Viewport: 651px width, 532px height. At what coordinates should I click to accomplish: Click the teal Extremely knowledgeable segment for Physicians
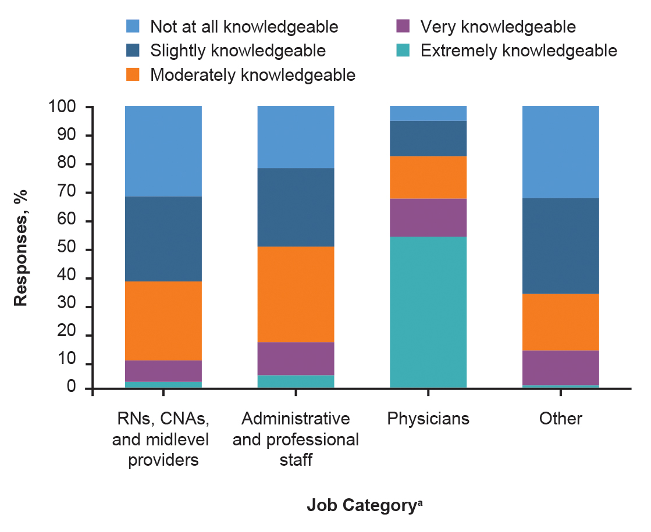428,312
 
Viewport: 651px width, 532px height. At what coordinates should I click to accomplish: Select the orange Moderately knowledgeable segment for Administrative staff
296,294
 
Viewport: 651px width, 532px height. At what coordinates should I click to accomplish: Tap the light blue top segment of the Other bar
560,152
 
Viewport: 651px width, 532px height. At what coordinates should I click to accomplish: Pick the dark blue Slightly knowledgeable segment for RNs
163,239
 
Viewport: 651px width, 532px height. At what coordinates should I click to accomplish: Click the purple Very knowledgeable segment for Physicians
428,217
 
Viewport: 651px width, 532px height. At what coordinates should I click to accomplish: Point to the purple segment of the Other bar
560,367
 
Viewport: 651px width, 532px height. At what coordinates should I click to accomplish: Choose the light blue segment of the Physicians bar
428,113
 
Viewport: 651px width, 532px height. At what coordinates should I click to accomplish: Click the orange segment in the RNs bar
163,321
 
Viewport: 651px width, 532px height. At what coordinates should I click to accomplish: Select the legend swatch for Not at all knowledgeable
133,27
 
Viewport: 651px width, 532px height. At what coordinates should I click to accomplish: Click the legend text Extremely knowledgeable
518,51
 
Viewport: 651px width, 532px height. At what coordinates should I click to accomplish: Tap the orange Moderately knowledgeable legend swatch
133,75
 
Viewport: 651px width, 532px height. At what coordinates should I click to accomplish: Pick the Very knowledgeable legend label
497,27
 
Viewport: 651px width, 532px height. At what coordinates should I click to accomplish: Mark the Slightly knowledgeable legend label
237,51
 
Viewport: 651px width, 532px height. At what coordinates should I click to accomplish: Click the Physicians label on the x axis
428,419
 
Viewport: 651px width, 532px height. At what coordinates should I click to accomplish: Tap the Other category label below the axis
560,419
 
